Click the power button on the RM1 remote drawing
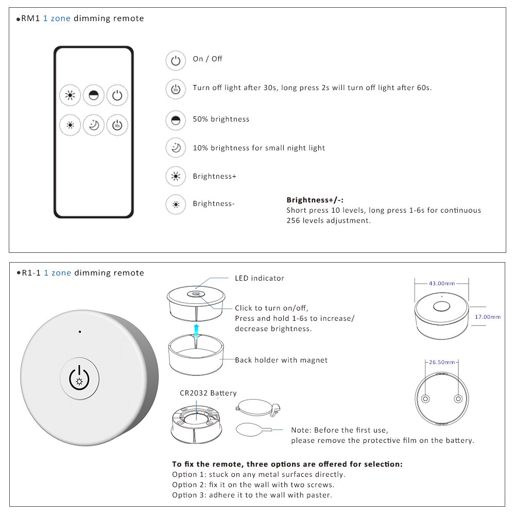(117, 95)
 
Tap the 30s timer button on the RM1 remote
(117, 124)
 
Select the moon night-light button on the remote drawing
(94, 124)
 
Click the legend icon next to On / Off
(176, 60)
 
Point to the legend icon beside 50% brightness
(176, 120)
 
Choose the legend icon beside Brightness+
(176, 177)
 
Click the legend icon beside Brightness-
(176, 204)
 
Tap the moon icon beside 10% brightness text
(176, 148)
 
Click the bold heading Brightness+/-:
(315, 200)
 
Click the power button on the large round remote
(79, 377)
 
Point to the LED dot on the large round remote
(79, 332)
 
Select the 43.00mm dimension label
(442, 283)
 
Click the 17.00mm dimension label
(487, 317)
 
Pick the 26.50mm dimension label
(442, 362)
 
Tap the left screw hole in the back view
(426, 399)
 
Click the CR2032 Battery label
(208, 393)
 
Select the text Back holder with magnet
(281, 360)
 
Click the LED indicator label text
(260, 278)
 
